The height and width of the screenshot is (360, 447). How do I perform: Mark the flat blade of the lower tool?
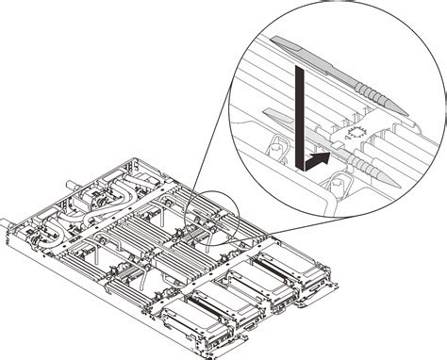283,116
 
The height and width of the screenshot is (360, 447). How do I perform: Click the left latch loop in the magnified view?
274,149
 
